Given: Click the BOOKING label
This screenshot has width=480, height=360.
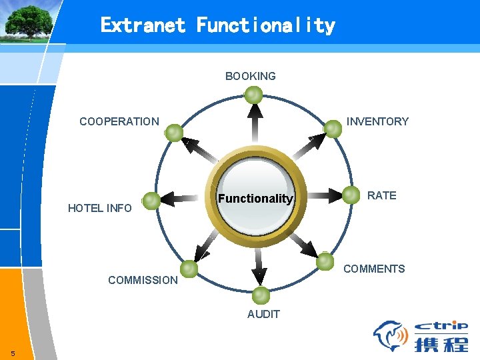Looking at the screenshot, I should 250,76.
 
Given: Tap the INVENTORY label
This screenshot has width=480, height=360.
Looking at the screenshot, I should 377,121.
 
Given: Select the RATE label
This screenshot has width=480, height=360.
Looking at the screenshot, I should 382,195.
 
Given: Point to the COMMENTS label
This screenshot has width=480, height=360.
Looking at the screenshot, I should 373,269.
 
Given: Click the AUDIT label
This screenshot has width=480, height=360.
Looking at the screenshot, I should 263,314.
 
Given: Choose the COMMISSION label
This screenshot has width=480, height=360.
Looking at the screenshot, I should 143,280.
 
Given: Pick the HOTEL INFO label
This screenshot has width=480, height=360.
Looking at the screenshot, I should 100,208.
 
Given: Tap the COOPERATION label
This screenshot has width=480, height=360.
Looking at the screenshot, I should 119,121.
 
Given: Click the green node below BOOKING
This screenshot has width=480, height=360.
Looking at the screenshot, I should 253,96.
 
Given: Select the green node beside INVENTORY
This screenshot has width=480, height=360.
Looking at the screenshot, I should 333,129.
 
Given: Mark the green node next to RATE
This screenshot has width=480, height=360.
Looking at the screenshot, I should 351,195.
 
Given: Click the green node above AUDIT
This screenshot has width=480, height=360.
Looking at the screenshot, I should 261,295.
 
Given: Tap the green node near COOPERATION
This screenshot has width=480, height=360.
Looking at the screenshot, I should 174,133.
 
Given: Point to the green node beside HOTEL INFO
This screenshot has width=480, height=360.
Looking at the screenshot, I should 151,199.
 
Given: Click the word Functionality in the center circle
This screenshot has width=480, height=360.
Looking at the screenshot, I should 255,199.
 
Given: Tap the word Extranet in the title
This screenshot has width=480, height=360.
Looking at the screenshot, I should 143,25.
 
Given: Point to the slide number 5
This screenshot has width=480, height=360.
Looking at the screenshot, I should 13,353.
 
